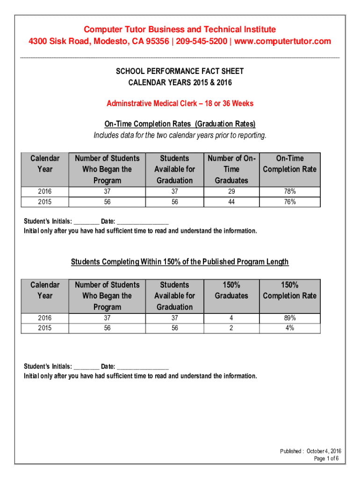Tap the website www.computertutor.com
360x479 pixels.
tap(282, 41)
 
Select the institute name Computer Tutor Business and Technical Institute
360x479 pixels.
tap(180, 29)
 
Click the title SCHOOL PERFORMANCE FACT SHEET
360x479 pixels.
tap(180, 71)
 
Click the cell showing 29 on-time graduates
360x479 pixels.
tap(231, 192)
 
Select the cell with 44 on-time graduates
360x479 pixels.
tap(231, 202)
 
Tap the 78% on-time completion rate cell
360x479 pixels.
tap(289, 192)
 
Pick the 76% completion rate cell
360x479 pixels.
tap(289, 202)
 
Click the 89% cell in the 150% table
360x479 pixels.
tap(289, 318)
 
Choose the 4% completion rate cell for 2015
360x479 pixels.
tap(289, 328)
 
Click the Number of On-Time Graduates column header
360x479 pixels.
tap(231, 169)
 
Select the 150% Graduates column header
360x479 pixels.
tap(231, 290)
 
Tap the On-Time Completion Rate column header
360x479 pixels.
tap(289, 164)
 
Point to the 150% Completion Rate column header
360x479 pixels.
tap(289, 290)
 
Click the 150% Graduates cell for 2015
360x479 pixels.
tap(231, 328)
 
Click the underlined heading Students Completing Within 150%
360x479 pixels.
tap(180, 261)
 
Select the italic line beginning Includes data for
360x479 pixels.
tap(180, 136)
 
